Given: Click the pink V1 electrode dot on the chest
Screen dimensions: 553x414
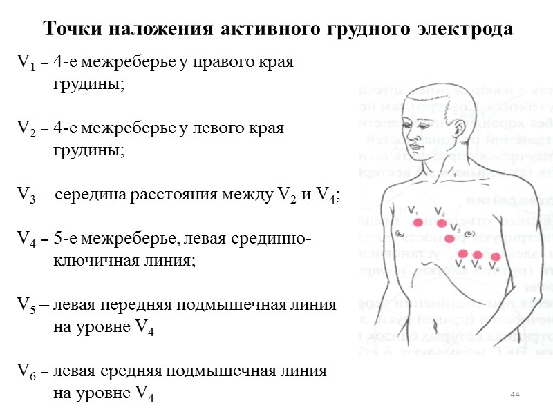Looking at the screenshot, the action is click(418, 222).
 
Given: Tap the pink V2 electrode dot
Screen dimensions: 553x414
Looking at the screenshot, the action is click(442, 223).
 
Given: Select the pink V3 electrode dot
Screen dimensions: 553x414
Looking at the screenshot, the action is click(450, 239).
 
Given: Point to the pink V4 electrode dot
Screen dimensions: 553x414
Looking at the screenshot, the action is click(462, 254).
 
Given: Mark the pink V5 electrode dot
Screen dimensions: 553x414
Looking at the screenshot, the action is click(478, 255).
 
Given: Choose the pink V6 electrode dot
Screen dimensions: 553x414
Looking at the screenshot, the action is click(496, 257).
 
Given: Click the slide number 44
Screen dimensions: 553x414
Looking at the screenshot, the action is click(514, 394).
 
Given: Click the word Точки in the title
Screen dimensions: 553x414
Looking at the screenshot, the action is click(68, 30).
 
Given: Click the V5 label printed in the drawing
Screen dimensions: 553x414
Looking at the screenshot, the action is click(476, 265).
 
